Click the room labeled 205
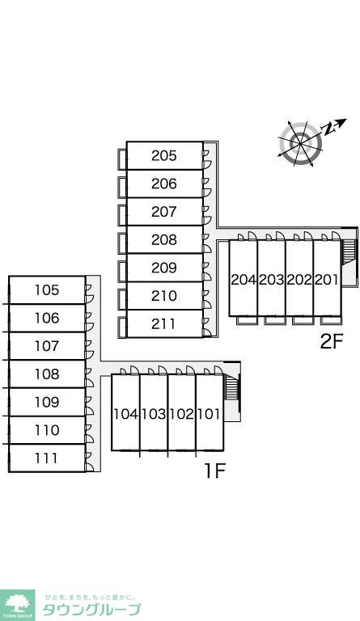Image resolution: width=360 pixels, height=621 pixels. coord(164,155)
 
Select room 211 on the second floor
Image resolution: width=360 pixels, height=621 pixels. coord(164,324)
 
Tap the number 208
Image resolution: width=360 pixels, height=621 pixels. coord(164,239)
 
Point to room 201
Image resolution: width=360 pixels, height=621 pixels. coord(327,278)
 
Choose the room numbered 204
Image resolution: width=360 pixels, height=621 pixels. coord(244,278)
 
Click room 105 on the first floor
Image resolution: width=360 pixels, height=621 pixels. coord(47,290)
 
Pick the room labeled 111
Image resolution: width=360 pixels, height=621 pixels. coord(47,458)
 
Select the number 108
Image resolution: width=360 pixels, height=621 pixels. coord(47,374)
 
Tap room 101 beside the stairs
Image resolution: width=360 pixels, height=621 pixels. coord(210,412)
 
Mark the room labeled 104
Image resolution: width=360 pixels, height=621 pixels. coord(125,412)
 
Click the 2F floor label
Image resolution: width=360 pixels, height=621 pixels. coord(331,342)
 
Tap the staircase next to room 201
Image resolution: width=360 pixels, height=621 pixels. coord(349,251)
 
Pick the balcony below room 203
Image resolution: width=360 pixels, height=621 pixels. coord(275,320)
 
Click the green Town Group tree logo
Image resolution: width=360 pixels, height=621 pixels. coord(18,605)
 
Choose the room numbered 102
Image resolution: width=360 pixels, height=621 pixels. coord(182,412)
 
